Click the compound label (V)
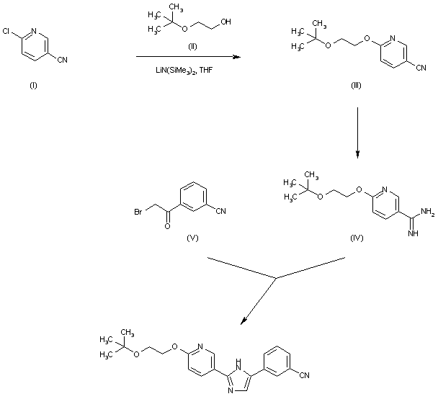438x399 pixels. coord(192,237)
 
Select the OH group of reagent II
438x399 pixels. coord(227,22)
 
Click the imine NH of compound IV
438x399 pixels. coord(413,233)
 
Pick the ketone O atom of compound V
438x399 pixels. coord(168,226)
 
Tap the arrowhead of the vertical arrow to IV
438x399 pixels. coord(358,156)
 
